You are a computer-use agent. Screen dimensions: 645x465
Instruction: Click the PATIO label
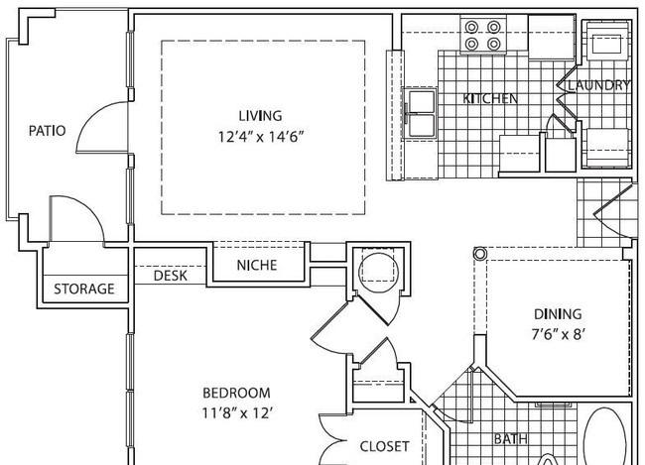[x=47, y=131]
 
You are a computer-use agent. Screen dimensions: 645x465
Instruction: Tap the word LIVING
[x=261, y=116]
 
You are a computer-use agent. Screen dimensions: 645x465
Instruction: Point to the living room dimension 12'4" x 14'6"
[x=261, y=136]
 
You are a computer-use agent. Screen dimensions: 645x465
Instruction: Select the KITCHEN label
[x=490, y=99]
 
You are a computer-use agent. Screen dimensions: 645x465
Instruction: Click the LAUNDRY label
[x=599, y=85]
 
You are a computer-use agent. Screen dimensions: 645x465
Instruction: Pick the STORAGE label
[x=84, y=290]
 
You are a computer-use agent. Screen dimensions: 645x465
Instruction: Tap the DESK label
[x=171, y=276]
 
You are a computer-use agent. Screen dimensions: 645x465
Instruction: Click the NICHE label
[x=257, y=265]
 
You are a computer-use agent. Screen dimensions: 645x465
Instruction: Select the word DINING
[x=558, y=314]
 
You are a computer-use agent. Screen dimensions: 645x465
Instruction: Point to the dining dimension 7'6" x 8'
[x=558, y=335]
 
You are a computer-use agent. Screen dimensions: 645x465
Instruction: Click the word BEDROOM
[x=236, y=393]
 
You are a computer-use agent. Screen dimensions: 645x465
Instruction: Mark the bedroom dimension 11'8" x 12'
[x=236, y=412]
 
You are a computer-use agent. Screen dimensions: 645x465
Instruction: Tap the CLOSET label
[x=385, y=446]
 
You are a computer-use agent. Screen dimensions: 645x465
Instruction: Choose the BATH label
[x=510, y=439]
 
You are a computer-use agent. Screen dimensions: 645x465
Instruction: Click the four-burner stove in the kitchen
[x=483, y=35]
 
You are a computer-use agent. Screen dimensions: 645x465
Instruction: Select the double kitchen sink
[x=421, y=113]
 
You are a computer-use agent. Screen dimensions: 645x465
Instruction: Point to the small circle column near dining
[x=479, y=253]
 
